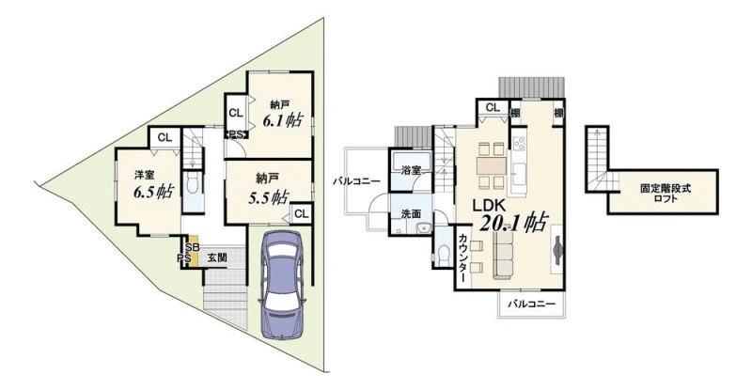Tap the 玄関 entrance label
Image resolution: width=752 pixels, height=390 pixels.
click(x=217, y=257)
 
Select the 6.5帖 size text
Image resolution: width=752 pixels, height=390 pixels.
click(x=153, y=193)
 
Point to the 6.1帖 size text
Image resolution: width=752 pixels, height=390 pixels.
click(x=281, y=120)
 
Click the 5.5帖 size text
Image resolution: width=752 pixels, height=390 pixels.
click(x=268, y=197)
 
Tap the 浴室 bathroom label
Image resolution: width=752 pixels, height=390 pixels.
click(x=412, y=170)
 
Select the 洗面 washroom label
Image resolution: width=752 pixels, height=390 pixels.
click(x=412, y=214)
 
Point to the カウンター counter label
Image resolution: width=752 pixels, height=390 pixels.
click(x=462, y=257)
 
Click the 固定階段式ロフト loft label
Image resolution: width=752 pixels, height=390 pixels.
click(x=666, y=193)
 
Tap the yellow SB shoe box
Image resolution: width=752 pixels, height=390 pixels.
click(x=193, y=251)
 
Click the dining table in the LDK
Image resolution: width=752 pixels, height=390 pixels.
click(x=491, y=166)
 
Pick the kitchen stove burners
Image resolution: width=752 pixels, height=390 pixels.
click(x=519, y=144)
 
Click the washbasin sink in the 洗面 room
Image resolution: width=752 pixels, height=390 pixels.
click(x=422, y=228)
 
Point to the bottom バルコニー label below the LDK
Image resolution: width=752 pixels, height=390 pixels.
click(x=531, y=304)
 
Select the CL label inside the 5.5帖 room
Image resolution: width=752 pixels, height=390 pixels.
click(x=301, y=213)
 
